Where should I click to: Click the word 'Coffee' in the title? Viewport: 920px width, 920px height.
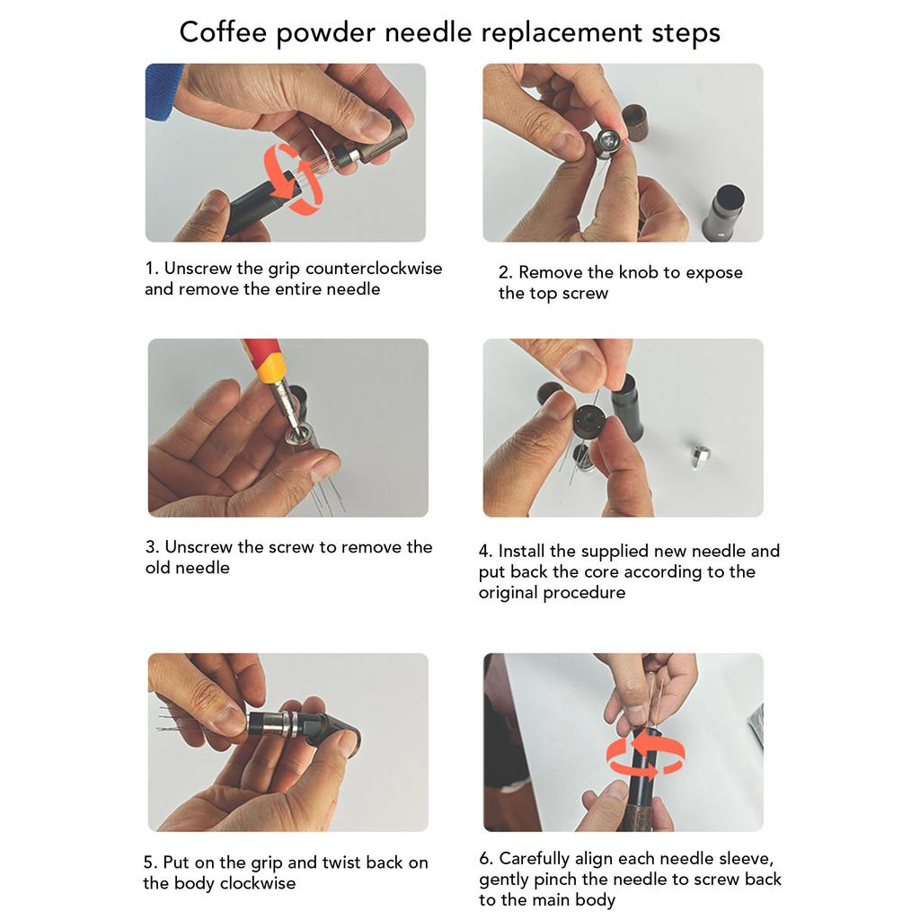(221, 32)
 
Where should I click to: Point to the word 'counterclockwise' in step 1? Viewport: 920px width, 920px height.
(374, 269)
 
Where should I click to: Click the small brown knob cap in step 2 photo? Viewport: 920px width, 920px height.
(636, 122)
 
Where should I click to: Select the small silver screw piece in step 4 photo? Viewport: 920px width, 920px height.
(700, 456)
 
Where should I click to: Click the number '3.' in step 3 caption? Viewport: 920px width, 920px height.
(153, 547)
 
